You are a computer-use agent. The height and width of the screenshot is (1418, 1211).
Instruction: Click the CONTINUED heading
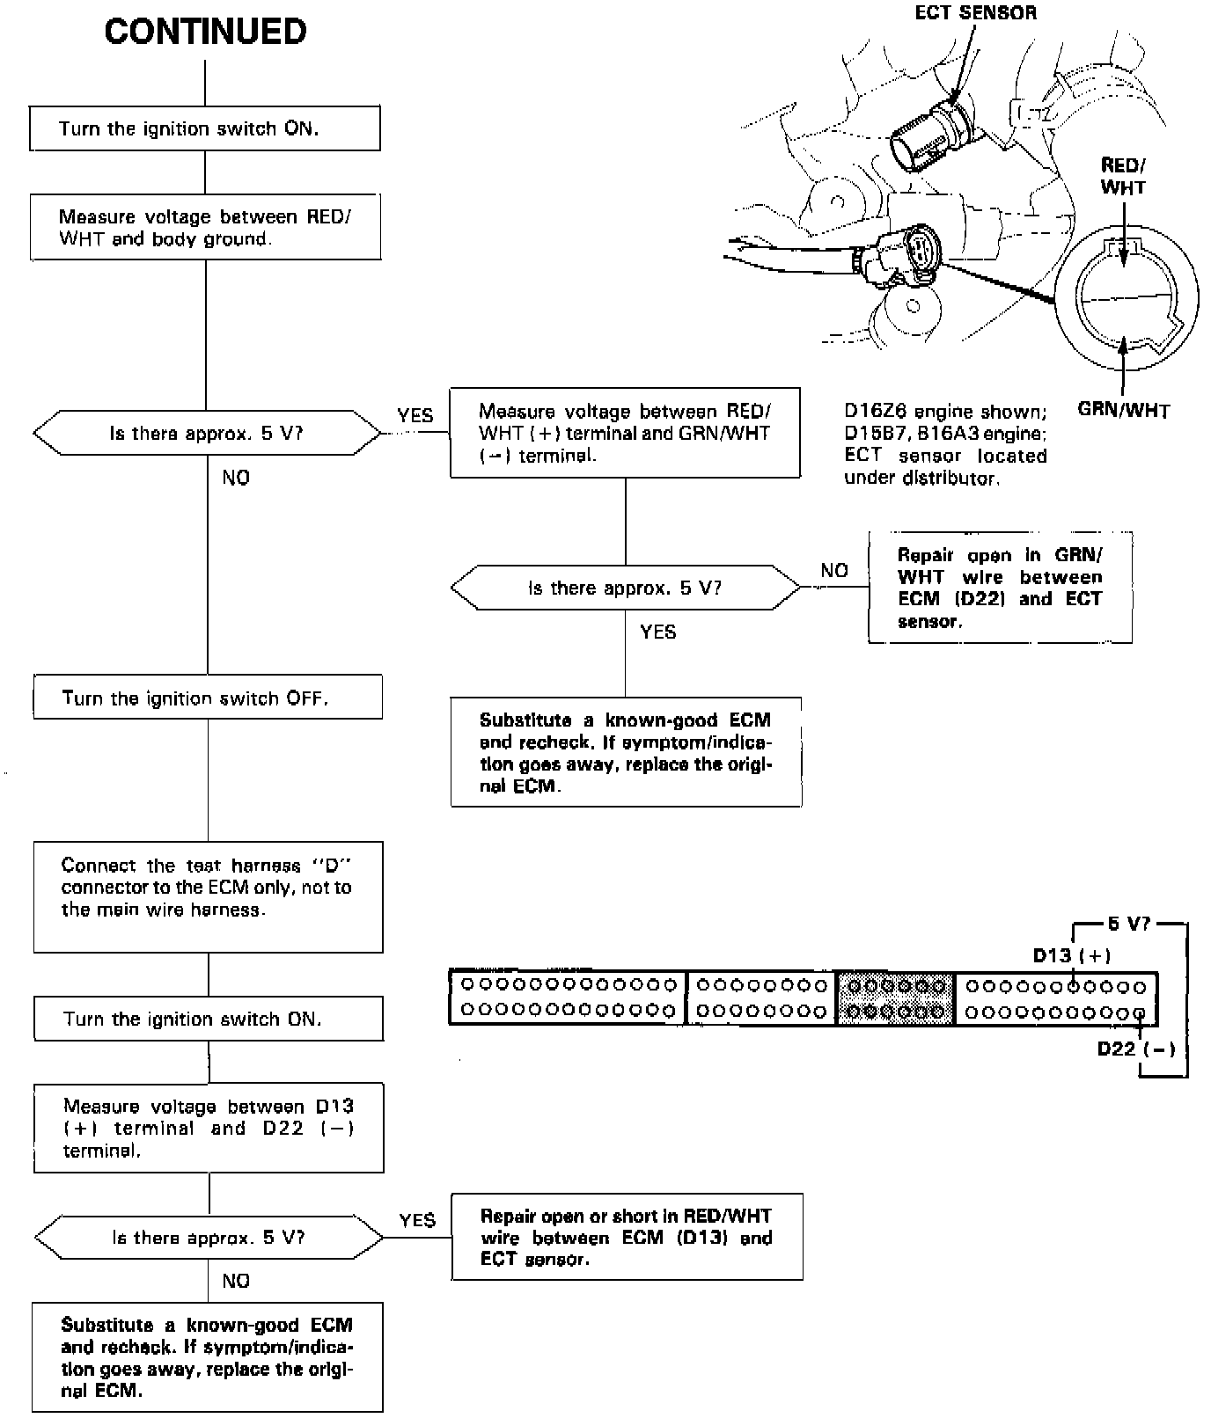point(205,33)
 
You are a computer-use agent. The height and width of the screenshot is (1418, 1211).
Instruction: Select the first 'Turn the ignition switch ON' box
point(205,128)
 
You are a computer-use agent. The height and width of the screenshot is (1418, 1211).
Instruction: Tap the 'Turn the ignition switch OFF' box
point(208,698)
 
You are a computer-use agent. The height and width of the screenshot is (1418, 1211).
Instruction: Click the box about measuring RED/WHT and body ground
point(205,228)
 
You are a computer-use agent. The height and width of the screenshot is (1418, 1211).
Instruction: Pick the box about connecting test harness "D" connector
point(208,896)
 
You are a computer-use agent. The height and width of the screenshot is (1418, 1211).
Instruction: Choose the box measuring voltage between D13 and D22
point(209,1128)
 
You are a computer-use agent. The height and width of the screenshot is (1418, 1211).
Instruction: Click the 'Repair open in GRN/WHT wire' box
point(1000,588)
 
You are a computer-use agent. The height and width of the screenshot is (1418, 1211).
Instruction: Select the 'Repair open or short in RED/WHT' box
point(627,1237)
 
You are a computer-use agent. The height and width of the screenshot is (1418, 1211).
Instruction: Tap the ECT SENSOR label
point(975,12)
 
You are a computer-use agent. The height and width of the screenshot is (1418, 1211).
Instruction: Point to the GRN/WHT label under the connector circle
point(1124,410)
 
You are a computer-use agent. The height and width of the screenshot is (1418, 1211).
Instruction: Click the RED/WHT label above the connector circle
point(1123,176)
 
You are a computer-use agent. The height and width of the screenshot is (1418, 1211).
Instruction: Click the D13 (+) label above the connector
point(1071,955)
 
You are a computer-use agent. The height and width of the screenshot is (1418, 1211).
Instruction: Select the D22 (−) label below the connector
point(1136,1049)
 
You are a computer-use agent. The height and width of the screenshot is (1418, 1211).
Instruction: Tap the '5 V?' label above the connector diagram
point(1129,924)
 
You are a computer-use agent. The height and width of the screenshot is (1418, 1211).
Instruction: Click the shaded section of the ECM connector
point(894,998)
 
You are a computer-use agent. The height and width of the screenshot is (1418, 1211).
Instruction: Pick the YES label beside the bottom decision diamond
point(417,1220)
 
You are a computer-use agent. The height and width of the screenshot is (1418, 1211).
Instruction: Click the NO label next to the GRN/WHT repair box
point(834,570)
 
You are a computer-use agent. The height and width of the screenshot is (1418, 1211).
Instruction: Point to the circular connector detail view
point(1126,299)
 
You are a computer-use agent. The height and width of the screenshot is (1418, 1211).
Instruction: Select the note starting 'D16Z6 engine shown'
point(945,444)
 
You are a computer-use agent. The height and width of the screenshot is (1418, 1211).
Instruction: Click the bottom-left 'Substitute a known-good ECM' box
point(208,1357)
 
